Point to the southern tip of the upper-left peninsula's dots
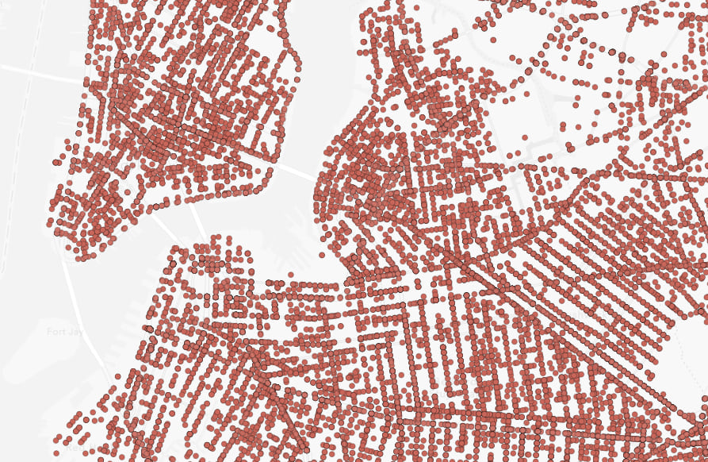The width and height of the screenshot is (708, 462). point(83,256)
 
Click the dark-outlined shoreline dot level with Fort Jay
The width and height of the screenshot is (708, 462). point(148,328)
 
